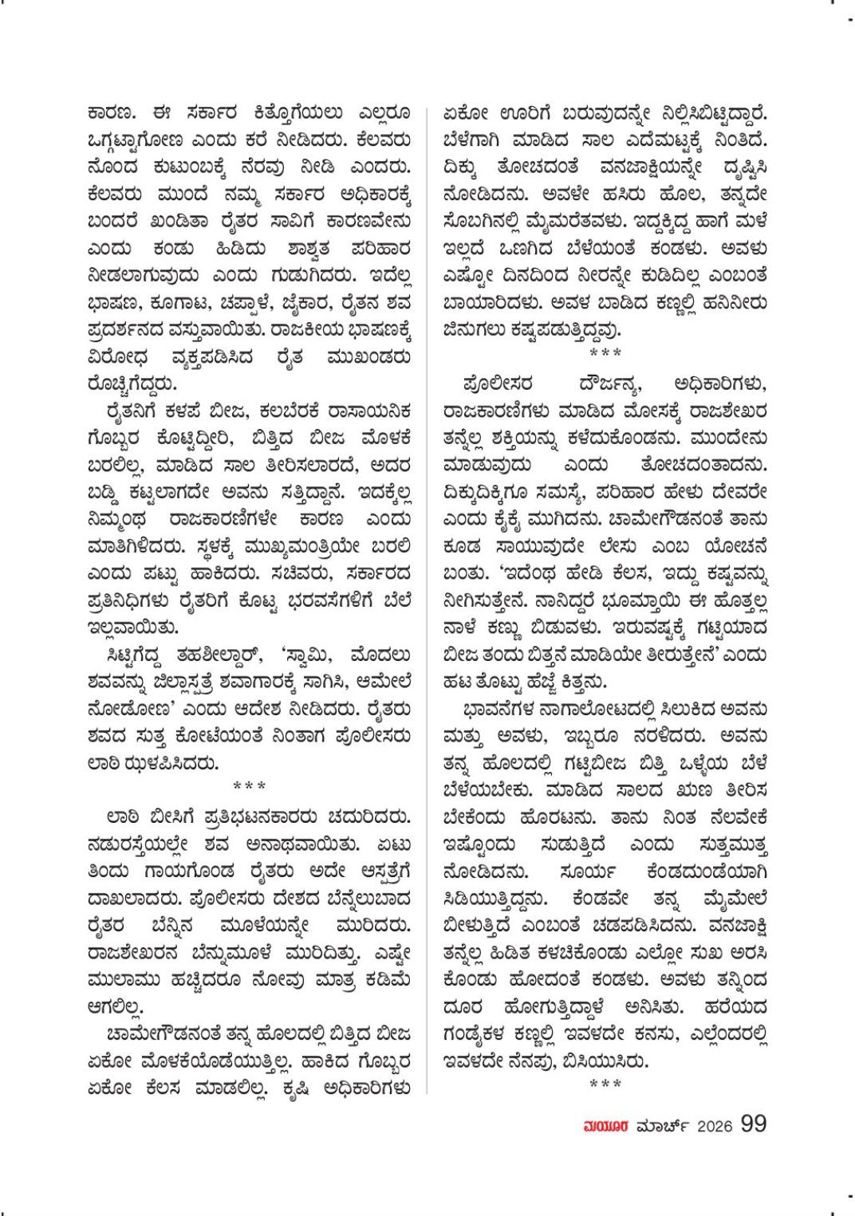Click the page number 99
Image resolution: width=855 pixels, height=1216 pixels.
pos(754,1124)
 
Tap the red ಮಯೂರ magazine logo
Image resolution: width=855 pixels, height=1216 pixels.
pos(607,1126)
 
